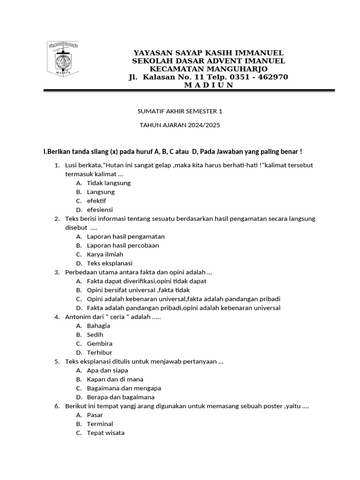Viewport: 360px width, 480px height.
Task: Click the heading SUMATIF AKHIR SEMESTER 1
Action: pos(180,111)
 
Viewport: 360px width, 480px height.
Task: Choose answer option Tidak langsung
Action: pos(109,183)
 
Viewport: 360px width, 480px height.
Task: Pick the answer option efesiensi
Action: pos(100,210)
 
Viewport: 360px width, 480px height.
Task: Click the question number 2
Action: pos(57,218)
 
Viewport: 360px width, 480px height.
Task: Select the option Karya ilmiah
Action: pos(105,254)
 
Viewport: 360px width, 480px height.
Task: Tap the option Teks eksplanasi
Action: pos(110,263)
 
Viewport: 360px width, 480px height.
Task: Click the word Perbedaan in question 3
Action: pos(81,272)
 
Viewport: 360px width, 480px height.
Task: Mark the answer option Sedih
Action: pos(95,335)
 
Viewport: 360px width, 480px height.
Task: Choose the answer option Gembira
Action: pos(99,344)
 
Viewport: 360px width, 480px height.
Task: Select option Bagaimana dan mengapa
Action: pos(124,388)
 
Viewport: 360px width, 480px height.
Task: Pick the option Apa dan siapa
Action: pos(108,370)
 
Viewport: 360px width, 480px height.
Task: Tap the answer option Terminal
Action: pos(100,424)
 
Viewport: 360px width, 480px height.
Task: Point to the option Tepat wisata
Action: pos(105,433)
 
